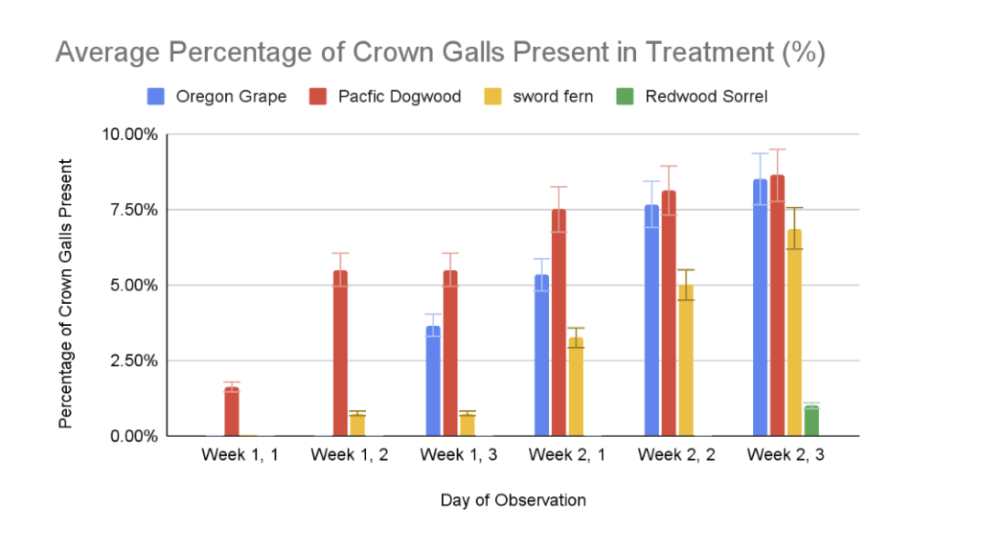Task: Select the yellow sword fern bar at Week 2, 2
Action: [686, 360]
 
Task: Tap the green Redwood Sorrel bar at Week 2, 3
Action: [811, 421]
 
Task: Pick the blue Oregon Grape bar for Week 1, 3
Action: [433, 380]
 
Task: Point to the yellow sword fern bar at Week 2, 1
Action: [575, 386]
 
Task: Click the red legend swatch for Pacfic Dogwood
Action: [319, 97]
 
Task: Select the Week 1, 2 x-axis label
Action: [350, 454]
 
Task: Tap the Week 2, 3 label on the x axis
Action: [786, 454]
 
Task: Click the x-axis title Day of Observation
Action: [513, 500]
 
